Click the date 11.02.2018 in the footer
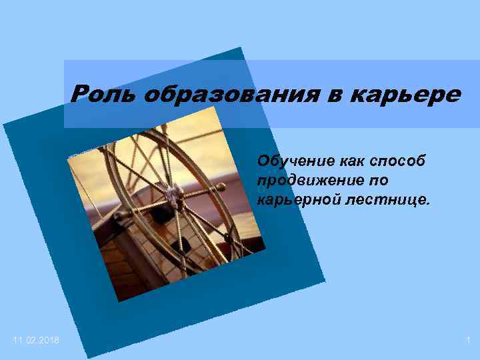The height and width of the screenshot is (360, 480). pos(35,341)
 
